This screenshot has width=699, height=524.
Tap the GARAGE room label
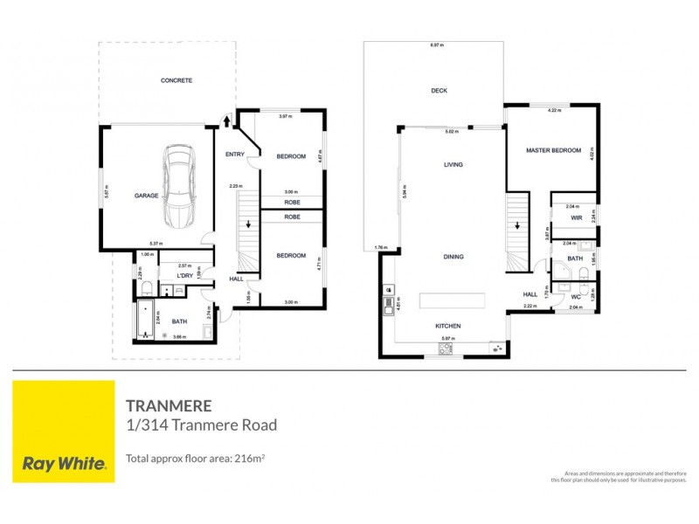(146, 196)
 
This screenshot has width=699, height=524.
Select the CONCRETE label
(176, 80)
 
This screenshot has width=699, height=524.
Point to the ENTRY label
(235, 155)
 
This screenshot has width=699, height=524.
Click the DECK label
(439, 91)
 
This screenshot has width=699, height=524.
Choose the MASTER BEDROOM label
(553, 150)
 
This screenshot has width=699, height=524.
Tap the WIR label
(577, 217)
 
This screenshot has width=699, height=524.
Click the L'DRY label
(185, 276)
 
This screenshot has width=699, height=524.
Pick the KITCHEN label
(448, 326)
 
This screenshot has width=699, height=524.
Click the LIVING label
(453, 164)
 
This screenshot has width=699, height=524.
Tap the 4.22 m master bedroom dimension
(552, 111)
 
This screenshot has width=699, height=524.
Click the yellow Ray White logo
(63, 431)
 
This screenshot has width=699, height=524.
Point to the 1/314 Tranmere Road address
(202, 426)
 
